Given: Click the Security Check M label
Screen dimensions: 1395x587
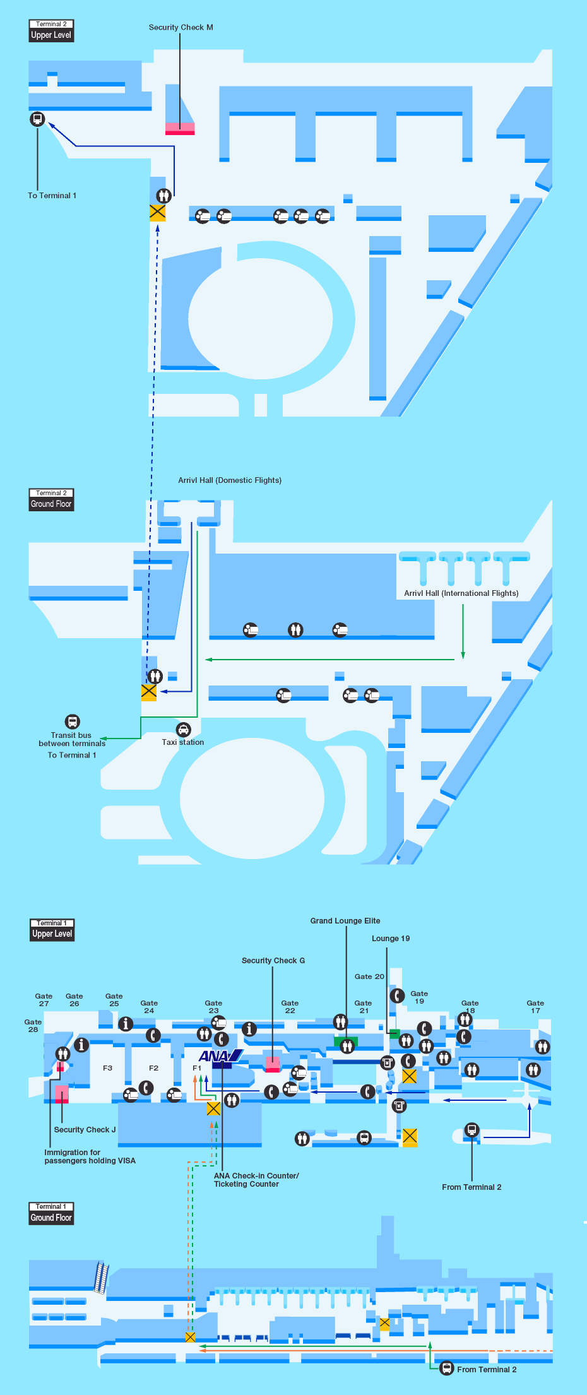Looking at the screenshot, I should click(x=181, y=28).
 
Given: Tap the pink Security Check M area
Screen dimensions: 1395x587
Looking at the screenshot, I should click(x=180, y=128).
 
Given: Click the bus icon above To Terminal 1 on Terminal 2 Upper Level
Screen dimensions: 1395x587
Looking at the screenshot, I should click(x=37, y=119).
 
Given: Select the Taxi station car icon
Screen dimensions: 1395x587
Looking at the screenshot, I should click(x=183, y=730).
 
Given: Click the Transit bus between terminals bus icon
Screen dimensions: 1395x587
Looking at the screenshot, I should click(x=73, y=721).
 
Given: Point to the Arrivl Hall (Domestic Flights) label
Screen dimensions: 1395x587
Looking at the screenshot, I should click(x=230, y=480).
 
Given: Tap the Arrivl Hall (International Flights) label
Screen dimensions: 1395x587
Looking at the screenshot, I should click(x=461, y=593).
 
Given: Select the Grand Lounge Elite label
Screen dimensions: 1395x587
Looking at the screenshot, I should click(x=345, y=921).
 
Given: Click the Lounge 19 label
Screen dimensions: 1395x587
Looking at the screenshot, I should click(x=391, y=939).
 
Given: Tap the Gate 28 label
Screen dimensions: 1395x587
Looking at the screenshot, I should click(x=33, y=1026).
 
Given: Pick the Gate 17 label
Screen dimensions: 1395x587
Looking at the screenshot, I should click(x=535, y=1007).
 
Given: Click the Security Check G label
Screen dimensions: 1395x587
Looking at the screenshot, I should click(x=273, y=961).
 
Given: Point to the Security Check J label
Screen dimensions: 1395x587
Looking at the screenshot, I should click(x=85, y=1130).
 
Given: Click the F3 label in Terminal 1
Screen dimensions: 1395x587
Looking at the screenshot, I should click(x=108, y=1068).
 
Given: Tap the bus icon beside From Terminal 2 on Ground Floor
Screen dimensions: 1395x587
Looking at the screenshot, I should click(x=447, y=1368).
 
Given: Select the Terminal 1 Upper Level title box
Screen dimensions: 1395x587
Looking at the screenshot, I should click(x=52, y=930).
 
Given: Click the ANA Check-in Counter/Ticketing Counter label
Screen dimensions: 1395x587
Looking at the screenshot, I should click(x=256, y=1180).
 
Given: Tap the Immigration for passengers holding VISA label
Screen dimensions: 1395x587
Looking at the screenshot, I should click(x=90, y=1156).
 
